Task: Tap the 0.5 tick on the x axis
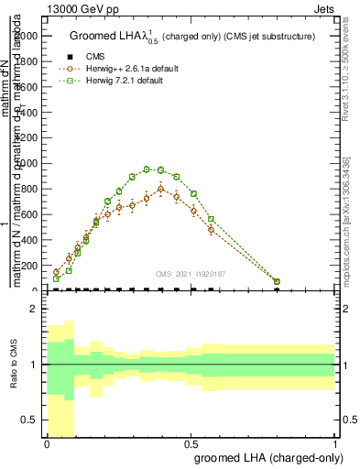tap(191, 442)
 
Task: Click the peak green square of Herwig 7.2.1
tap(160, 169)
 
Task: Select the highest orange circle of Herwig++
tap(160, 190)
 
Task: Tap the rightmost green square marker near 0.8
tap(277, 282)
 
